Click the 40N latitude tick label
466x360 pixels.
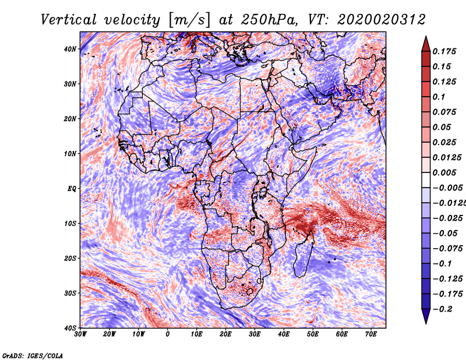[70, 49]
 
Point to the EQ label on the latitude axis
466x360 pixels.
[72, 189]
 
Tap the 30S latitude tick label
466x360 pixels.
[70, 293]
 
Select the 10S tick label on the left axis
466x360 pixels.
[70, 223]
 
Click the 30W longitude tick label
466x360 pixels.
[80, 334]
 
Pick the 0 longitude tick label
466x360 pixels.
[168, 334]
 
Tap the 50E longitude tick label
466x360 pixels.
[313, 334]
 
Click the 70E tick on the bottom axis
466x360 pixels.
[371, 334]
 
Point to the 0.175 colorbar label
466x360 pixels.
[444, 51]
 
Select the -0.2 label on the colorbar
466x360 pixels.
[442, 309]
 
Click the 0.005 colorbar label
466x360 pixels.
[444, 172]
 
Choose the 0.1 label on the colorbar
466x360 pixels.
[439, 97]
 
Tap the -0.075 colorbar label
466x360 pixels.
[447, 249]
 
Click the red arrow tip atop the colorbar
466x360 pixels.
[426, 37]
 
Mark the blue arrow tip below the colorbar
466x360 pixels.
[426, 323]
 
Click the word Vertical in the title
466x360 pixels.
[68, 20]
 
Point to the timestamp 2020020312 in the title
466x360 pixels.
[382, 20]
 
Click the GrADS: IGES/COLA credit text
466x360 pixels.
[33, 356]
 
